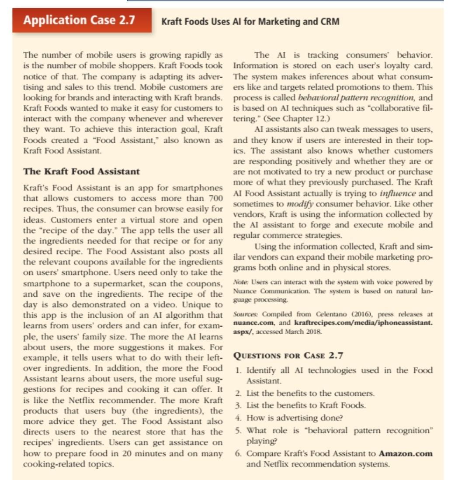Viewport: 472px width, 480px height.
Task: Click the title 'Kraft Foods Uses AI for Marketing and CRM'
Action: tap(250, 22)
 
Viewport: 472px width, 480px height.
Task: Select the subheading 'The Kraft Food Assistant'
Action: tap(81, 171)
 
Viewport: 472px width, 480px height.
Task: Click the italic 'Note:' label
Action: tap(241, 282)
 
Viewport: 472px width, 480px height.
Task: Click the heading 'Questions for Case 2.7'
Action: tap(288, 356)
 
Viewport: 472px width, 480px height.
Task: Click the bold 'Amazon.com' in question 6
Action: tap(406, 453)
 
